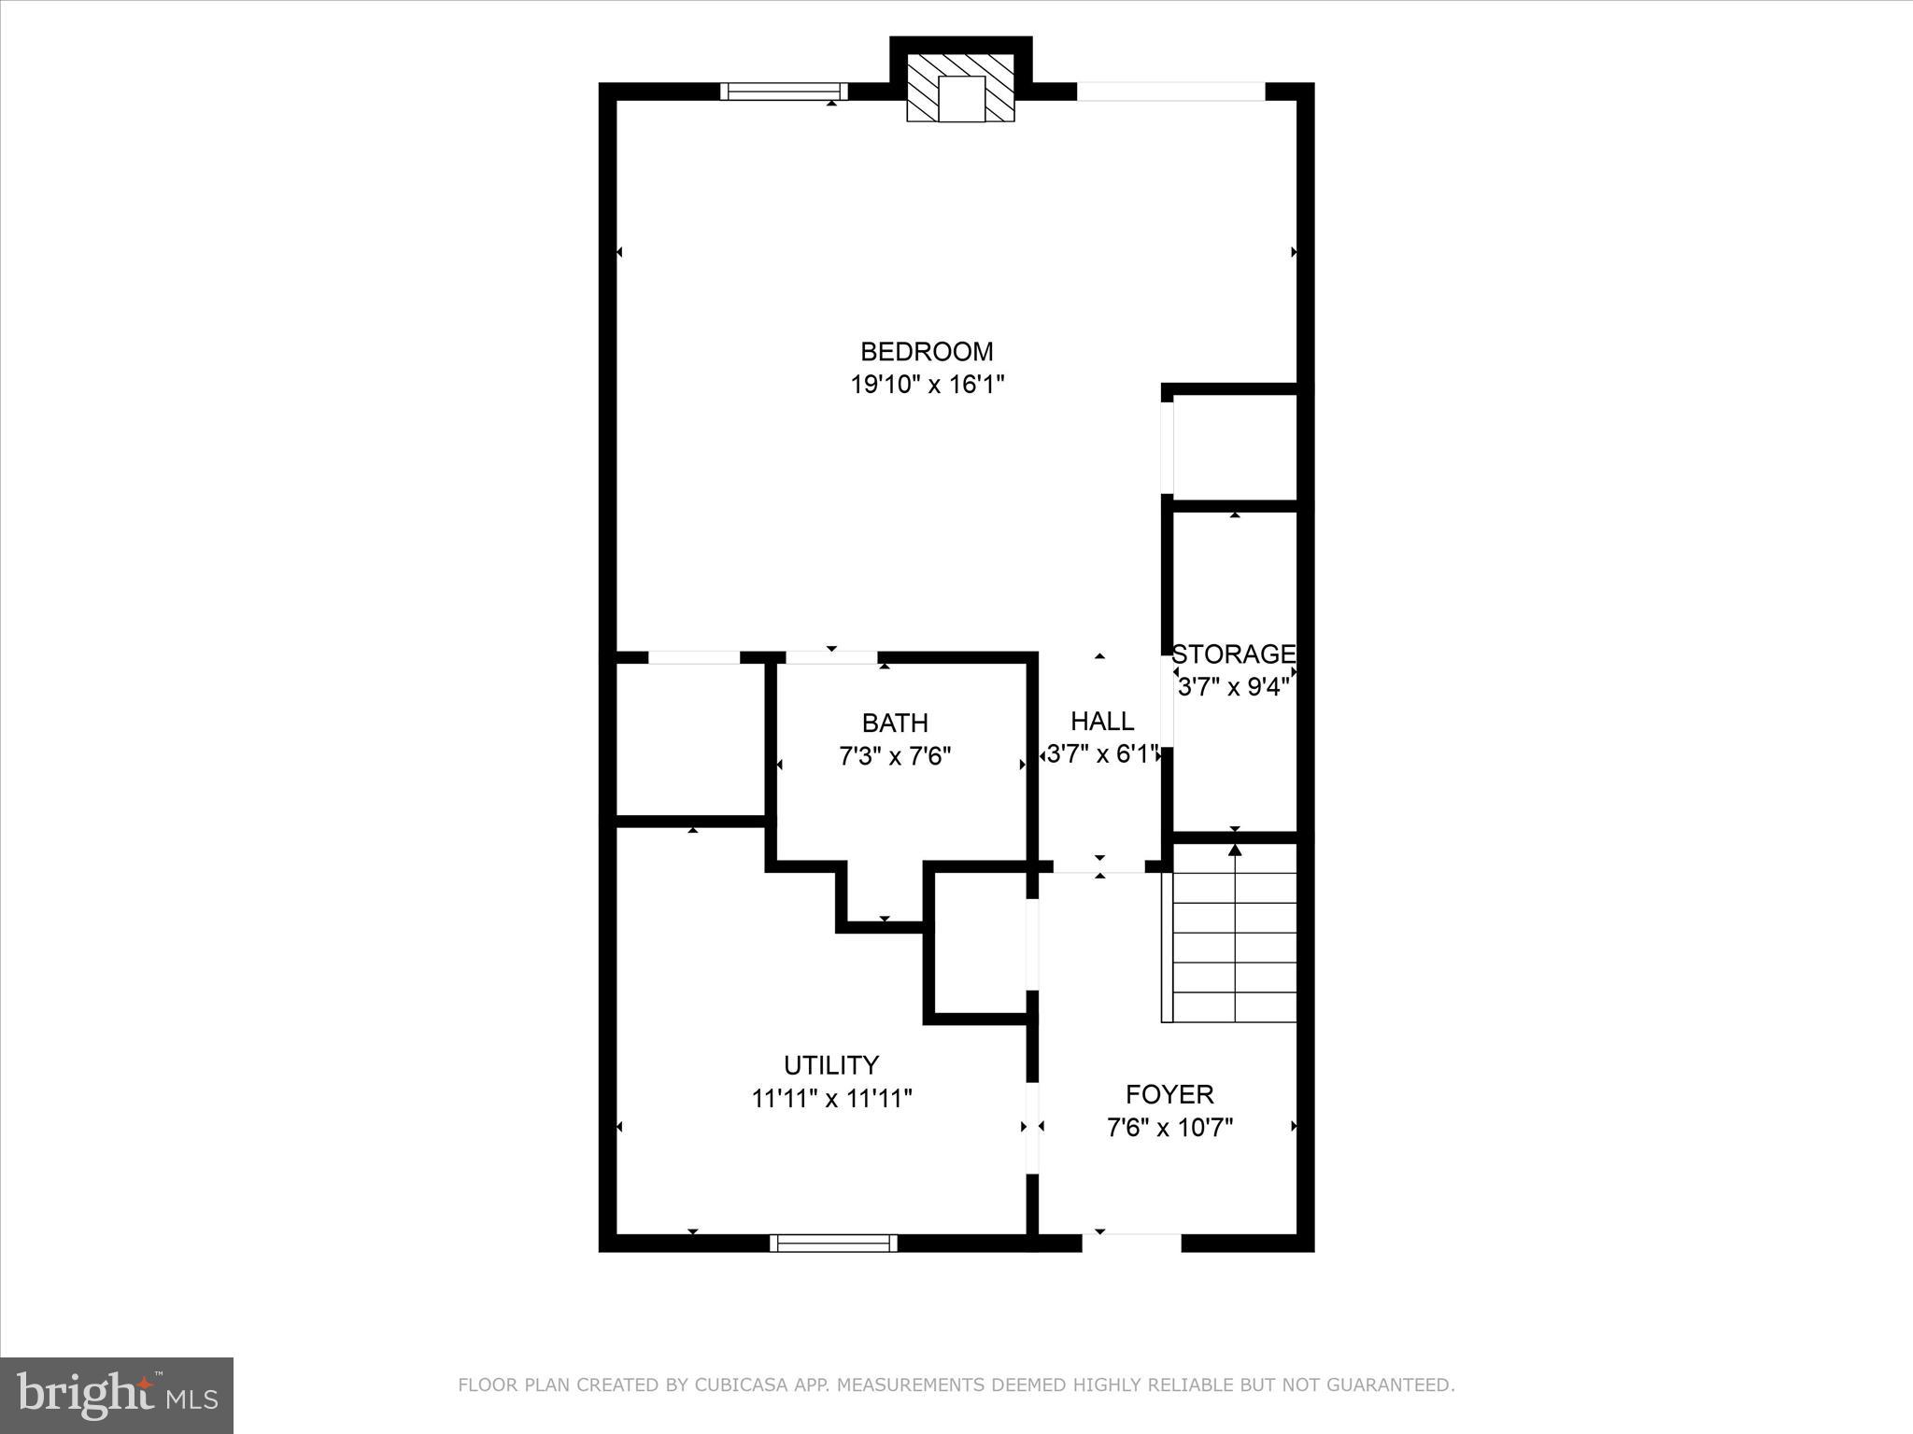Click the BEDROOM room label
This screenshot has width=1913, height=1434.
(x=926, y=351)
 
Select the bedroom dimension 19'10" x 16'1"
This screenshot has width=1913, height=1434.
(x=926, y=384)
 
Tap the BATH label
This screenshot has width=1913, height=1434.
(x=894, y=723)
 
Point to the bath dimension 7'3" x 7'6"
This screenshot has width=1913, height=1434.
(x=894, y=755)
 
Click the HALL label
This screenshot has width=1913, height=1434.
(x=1101, y=721)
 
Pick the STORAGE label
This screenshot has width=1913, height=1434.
(x=1233, y=654)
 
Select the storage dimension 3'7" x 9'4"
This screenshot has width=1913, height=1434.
(x=1233, y=687)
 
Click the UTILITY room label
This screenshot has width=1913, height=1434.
(x=830, y=1064)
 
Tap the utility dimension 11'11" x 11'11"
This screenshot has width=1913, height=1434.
(x=830, y=1098)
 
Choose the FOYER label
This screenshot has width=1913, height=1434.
(x=1169, y=1094)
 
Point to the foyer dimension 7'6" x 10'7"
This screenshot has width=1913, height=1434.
(x=1169, y=1128)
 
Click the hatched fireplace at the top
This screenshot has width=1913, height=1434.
(x=961, y=88)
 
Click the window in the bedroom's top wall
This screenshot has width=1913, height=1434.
(x=784, y=91)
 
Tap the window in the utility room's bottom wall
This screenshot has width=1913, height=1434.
(x=832, y=1243)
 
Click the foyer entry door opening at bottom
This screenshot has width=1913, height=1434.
(x=1131, y=1242)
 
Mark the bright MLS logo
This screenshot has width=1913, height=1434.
(x=117, y=1395)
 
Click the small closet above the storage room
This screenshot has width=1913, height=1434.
(x=1233, y=446)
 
